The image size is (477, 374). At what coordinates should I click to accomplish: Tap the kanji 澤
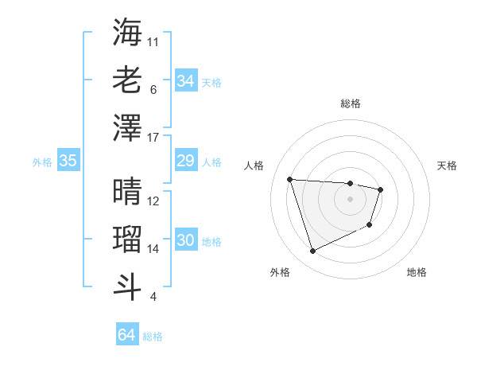[127, 127]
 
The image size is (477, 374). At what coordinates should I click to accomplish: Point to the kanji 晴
[127, 191]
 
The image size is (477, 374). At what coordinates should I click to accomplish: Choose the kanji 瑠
[127, 239]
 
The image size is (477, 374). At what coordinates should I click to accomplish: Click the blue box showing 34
[185, 81]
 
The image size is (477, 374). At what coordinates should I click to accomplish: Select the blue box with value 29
[185, 162]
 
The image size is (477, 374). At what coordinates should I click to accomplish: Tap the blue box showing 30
[185, 241]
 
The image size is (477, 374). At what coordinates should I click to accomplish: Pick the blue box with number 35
[68, 162]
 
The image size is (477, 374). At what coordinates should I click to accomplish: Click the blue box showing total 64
[126, 335]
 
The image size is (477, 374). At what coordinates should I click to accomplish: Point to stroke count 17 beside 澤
[154, 138]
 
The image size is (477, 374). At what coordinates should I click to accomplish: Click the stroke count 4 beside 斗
[153, 298]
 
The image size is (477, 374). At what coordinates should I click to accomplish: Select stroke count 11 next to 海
[153, 41]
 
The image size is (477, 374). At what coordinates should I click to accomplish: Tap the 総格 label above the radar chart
[351, 103]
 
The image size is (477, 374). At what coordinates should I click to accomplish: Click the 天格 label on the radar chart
[448, 166]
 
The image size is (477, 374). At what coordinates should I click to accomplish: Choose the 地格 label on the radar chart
[417, 272]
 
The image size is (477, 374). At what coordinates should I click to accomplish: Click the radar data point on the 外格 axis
[312, 251]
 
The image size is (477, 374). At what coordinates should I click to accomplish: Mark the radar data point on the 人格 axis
[290, 179]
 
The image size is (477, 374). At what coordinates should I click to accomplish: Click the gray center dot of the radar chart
[351, 199]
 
